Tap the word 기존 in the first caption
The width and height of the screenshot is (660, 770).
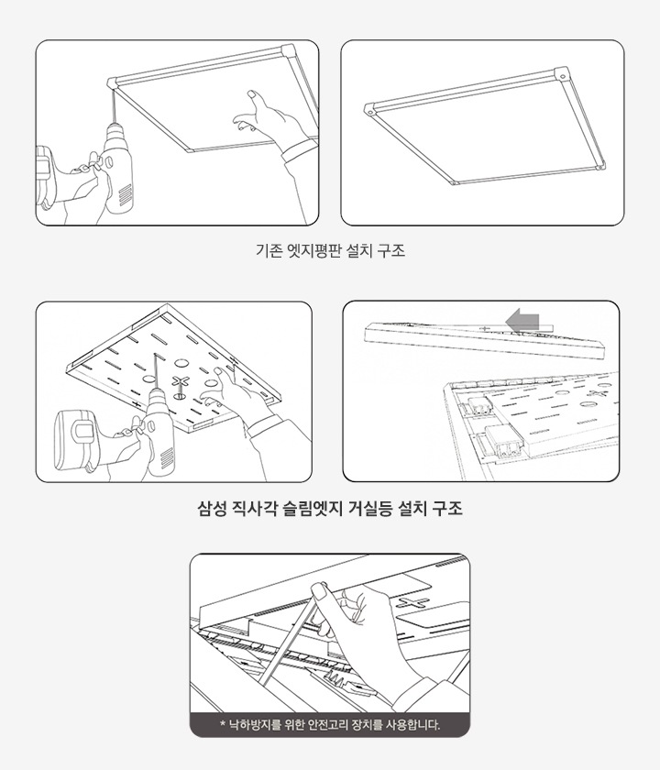pyautogui.click(x=269, y=249)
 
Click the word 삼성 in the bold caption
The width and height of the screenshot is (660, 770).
pyautogui.click(x=213, y=507)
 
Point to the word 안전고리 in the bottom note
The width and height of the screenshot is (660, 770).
pyautogui.click(x=338, y=725)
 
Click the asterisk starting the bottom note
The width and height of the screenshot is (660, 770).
pyautogui.click(x=223, y=725)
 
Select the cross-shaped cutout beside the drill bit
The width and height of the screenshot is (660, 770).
pyautogui.click(x=180, y=382)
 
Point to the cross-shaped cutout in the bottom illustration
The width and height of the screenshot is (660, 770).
pyautogui.click(x=413, y=601)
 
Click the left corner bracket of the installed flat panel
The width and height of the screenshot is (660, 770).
pyautogui.click(x=369, y=108)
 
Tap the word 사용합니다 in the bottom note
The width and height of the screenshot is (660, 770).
pyautogui.click(x=411, y=725)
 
